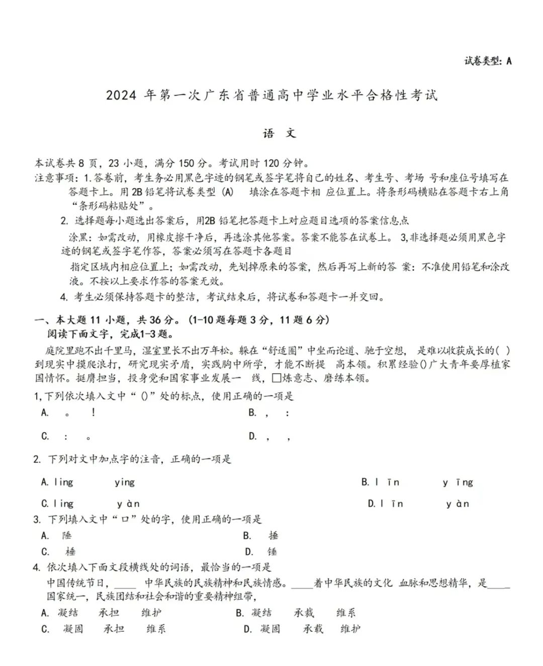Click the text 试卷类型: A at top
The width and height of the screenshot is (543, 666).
(487, 61)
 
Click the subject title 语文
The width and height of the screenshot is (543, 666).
(279, 133)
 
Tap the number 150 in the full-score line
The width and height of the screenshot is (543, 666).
(186, 163)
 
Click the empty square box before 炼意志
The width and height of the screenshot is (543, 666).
(276, 378)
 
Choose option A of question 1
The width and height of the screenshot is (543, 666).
(69, 412)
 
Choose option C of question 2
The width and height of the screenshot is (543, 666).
(90, 504)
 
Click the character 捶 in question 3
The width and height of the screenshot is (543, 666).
(273, 536)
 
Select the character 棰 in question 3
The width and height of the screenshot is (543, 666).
(70, 552)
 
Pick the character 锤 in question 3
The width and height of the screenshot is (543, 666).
(272, 552)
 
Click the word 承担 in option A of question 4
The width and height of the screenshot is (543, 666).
(109, 613)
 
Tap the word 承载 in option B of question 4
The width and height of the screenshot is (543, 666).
(304, 613)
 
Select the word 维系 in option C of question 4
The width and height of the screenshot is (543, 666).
(156, 629)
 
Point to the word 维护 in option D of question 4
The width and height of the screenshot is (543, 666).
(350, 629)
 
